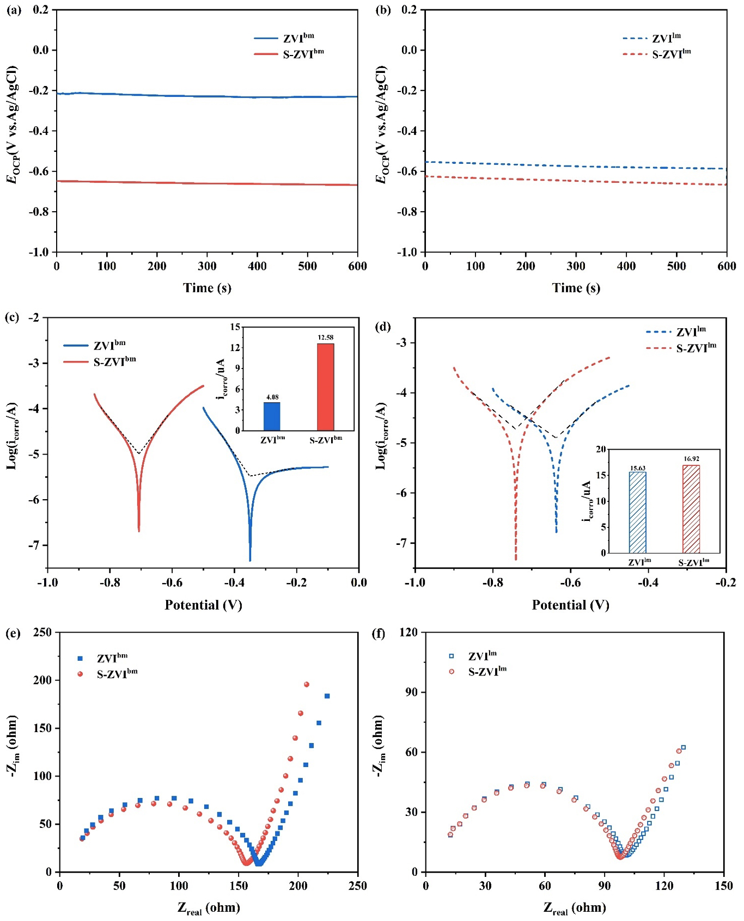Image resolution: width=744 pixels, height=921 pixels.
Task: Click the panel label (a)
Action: tap(14, 10)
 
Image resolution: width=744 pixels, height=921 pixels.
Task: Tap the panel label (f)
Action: tap(379, 633)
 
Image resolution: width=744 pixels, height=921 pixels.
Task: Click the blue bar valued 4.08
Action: tap(272, 416)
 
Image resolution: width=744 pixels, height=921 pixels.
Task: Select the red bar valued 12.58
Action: tap(325, 387)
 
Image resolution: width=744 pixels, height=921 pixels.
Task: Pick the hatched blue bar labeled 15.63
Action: tap(637, 512)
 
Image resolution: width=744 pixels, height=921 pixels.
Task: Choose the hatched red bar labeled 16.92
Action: tap(691, 509)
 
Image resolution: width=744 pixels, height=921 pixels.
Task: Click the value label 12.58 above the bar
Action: tap(325, 337)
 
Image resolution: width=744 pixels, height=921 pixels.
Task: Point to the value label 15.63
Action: tap(637, 468)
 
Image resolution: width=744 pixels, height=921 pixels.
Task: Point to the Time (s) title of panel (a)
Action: tap(207, 288)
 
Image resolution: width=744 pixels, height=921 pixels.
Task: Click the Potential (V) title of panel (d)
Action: tap(570, 605)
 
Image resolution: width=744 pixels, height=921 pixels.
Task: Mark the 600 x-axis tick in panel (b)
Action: tap(727, 266)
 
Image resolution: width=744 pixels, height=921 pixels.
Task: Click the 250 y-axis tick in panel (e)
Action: tap(42, 633)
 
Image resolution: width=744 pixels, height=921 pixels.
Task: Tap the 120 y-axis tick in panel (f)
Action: tap(408, 633)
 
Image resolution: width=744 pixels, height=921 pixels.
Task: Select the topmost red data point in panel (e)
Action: tap(306, 684)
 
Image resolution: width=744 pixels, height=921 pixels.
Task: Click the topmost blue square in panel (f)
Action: tap(683, 747)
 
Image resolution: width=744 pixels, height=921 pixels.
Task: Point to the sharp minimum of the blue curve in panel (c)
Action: tap(250, 560)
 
